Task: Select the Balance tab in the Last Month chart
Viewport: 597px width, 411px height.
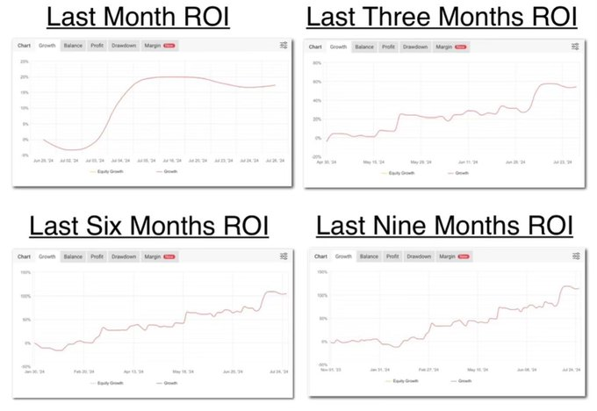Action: (x=72, y=45)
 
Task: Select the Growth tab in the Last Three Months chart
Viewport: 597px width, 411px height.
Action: (x=338, y=47)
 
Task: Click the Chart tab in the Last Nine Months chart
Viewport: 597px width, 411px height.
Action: (x=320, y=256)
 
